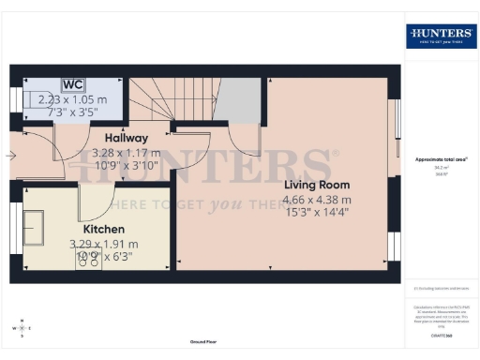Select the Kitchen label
pyautogui.click(x=104, y=229)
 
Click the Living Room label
pyautogui.click(x=318, y=185)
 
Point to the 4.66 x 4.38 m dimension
pyautogui.click(x=318, y=200)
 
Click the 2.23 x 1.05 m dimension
pyautogui.click(x=71, y=99)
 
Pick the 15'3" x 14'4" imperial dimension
pyautogui.click(x=318, y=215)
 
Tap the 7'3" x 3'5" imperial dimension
pyautogui.click(x=71, y=112)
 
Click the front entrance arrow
pyautogui.click(x=9, y=155)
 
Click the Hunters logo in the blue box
pyautogui.click(x=441, y=37)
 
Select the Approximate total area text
pyautogui.click(x=441, y=159)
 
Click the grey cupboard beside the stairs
pyautogui.click(x=240, y=100)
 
